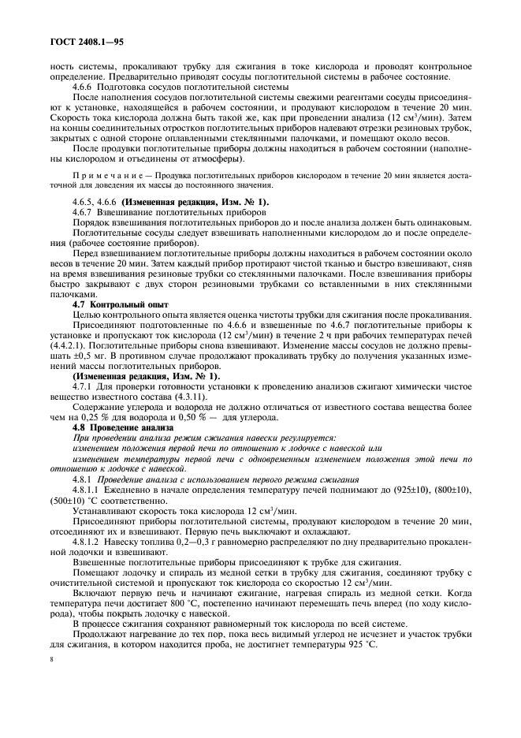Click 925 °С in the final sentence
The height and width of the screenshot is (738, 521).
pos(360,644)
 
